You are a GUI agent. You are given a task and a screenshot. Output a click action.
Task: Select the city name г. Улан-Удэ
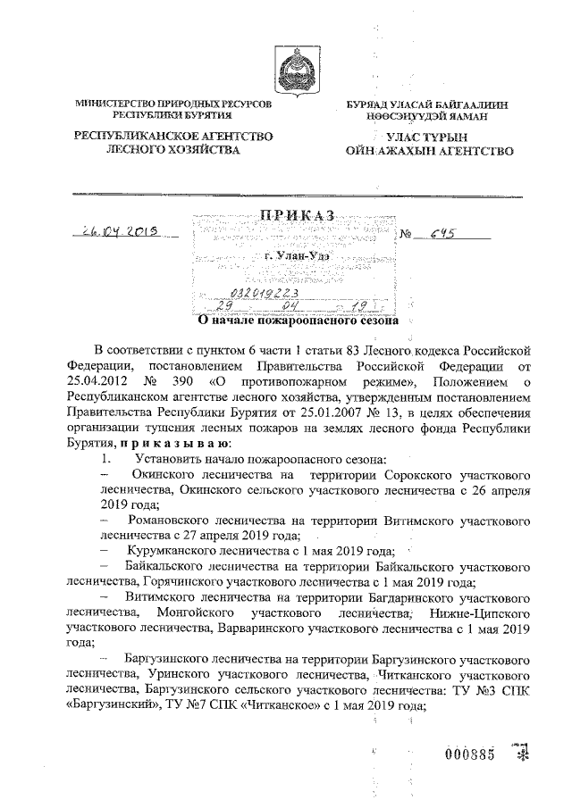click(x=296, y=255)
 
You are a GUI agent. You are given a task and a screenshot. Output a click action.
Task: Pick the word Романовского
click(x=173, y=519)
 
